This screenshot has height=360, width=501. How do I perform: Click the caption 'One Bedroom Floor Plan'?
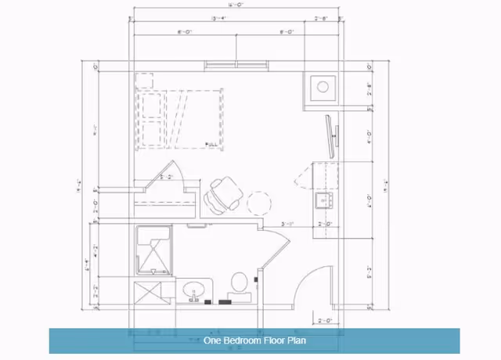point(254,340)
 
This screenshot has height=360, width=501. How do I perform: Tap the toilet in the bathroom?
point(240,283)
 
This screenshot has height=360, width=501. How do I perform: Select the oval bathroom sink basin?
point(193,292)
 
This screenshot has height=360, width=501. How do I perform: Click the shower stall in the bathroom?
point(153,250)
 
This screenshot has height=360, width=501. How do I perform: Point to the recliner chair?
point(225,193)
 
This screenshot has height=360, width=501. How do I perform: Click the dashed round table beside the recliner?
point(260,203)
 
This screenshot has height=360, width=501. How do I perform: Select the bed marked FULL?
point(181,118)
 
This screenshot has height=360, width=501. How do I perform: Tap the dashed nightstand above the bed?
point(143,81)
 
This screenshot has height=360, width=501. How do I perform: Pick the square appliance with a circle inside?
point(323,86)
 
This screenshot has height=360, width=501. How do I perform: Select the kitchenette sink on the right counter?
point(323,201)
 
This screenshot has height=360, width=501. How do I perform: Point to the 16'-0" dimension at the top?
point(235,5)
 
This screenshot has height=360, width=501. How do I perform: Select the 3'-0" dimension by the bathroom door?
point(287,224)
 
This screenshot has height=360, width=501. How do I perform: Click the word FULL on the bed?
point(211,143)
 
